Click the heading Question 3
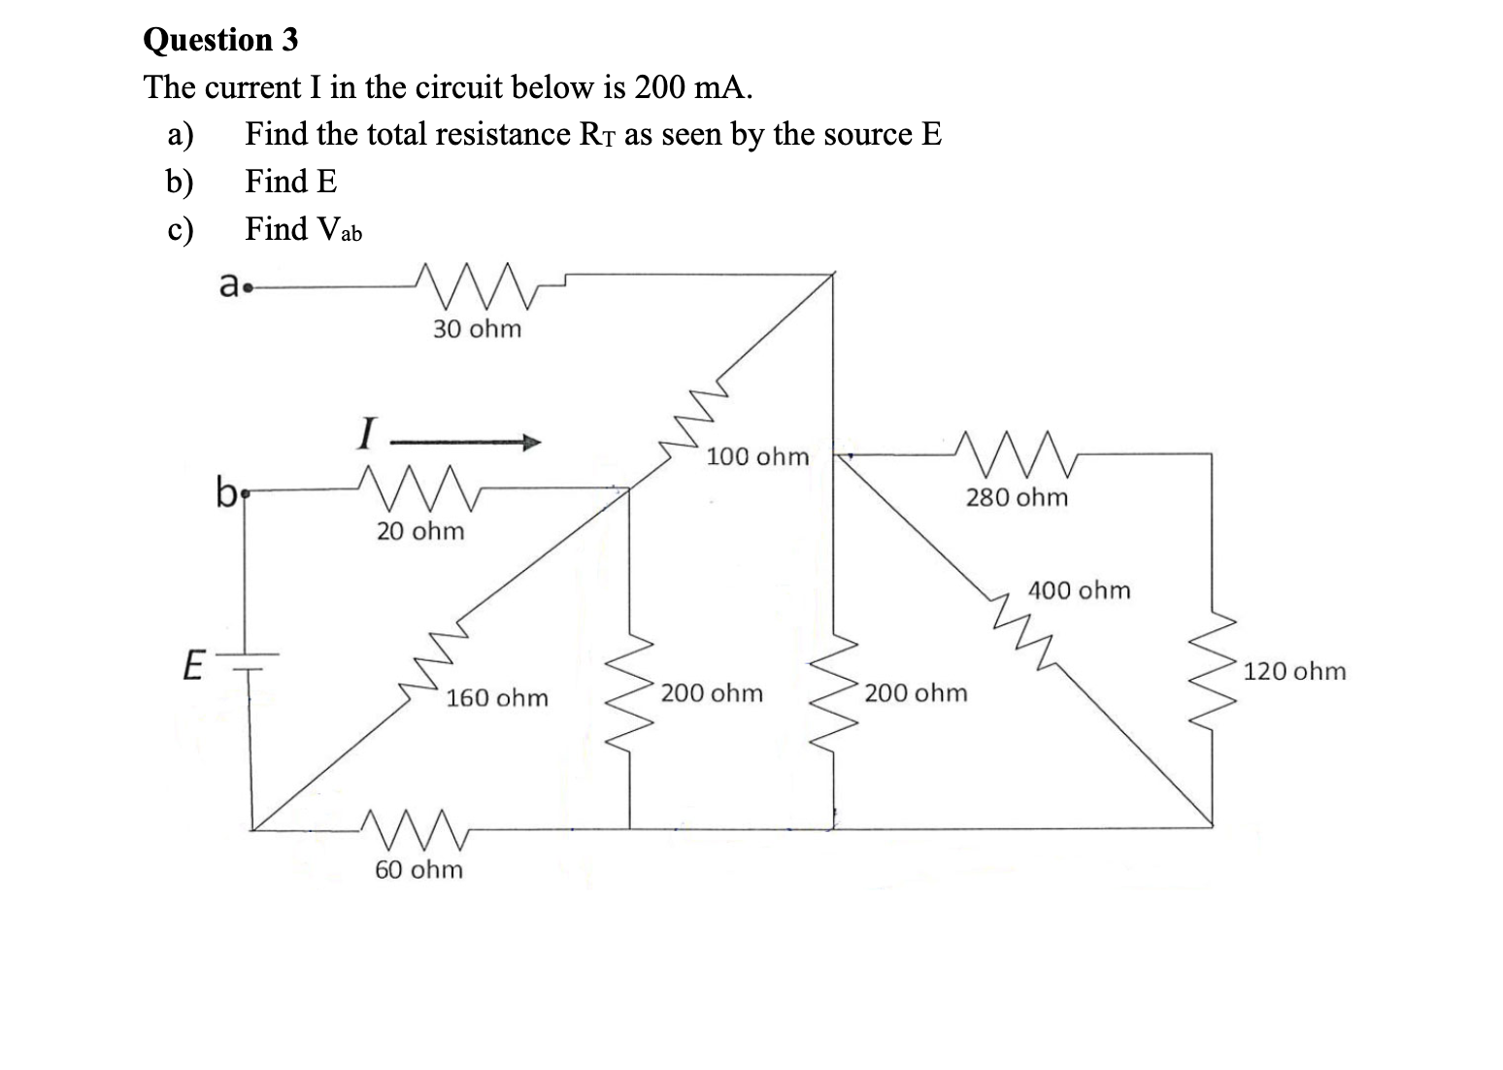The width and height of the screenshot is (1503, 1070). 220,40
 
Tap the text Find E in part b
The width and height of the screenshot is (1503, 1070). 291,181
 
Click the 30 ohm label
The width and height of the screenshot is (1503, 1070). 477,329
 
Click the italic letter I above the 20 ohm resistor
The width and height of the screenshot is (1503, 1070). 365,432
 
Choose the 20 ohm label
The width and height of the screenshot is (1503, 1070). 420,531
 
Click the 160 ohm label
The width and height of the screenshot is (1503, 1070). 497,698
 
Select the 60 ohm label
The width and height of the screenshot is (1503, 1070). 419,869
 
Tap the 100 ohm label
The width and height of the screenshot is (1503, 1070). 757,456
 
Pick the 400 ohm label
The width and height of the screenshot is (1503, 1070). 1080,590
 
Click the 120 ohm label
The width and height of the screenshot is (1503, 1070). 1295,671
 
